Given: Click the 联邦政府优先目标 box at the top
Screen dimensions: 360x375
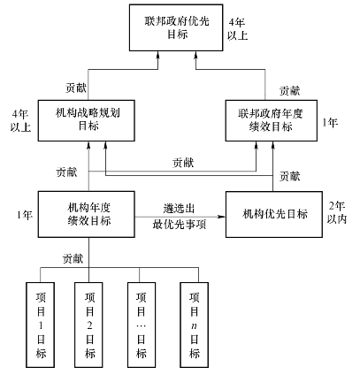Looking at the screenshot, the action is [x=176, y=27].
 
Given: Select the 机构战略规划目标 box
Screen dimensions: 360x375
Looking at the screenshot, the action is [x=87, y=120].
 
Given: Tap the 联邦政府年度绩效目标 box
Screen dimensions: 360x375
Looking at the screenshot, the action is [x=272, y=120].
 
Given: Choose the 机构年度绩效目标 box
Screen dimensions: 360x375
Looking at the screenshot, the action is [x=87, y=214].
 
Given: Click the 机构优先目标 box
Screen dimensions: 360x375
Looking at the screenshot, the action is [x=274, y=214].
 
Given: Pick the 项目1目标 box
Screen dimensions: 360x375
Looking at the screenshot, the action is [x=41, y=325].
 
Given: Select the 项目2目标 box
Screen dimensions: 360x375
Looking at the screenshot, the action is [x=88, y=325].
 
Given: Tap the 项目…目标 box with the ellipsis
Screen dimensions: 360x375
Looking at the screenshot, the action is [x=142, y=325].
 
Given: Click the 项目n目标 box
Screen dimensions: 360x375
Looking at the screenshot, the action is [x=195, y=325].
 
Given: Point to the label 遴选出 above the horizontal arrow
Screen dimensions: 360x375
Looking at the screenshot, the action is [x=179, y=209].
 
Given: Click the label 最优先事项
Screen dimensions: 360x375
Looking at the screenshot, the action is [x=179, y=225].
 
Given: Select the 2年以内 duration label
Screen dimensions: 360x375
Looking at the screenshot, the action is [x=337, y=213].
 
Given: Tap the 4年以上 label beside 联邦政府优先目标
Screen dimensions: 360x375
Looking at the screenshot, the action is [x=237, y=29].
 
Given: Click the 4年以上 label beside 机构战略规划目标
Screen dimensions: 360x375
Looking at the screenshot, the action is [x=20, y=121].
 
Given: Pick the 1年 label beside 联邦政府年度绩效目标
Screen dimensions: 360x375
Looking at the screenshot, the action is [x=330, y=122].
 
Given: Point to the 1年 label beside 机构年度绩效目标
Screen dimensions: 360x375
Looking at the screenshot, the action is [x=25, y=215].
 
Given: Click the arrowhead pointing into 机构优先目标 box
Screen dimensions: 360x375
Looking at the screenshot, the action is [x=221, y=217].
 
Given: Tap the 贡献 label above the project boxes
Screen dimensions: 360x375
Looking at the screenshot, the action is [x=73, y=258].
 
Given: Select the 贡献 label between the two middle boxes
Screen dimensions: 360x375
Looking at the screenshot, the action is [x=183, y=163].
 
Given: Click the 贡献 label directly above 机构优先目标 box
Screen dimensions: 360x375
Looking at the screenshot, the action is [x=289, y=176].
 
